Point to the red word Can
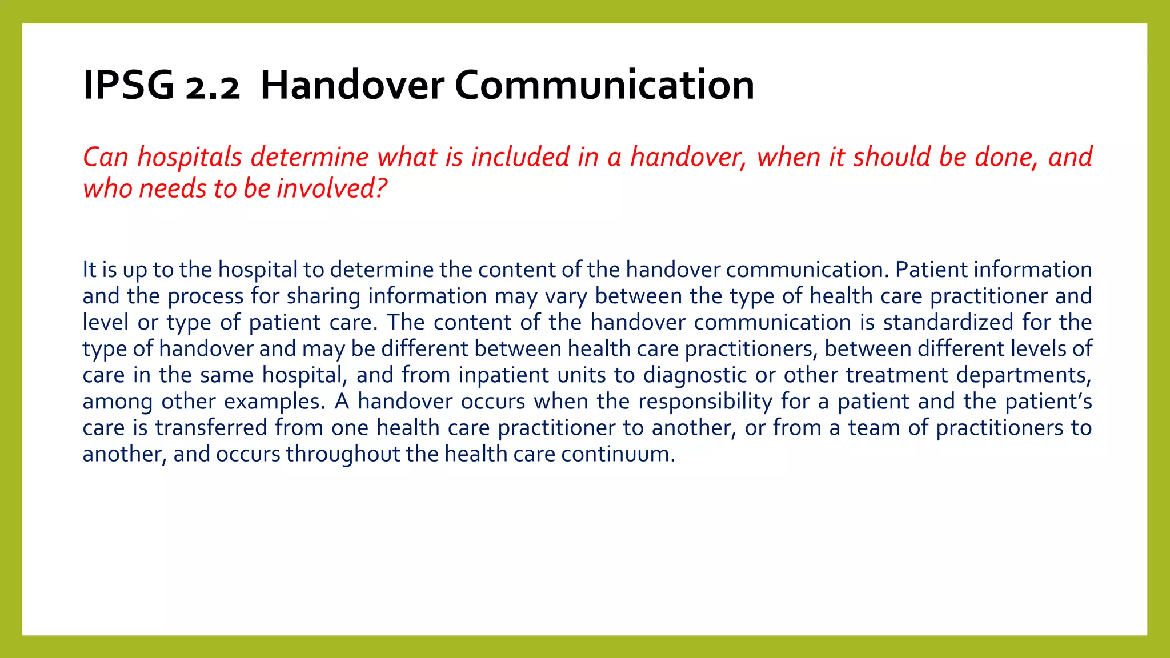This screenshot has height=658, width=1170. pyautogui.click(x=106, y=157)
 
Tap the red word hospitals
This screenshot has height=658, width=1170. pyautogui.click(x=190, y=157)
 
